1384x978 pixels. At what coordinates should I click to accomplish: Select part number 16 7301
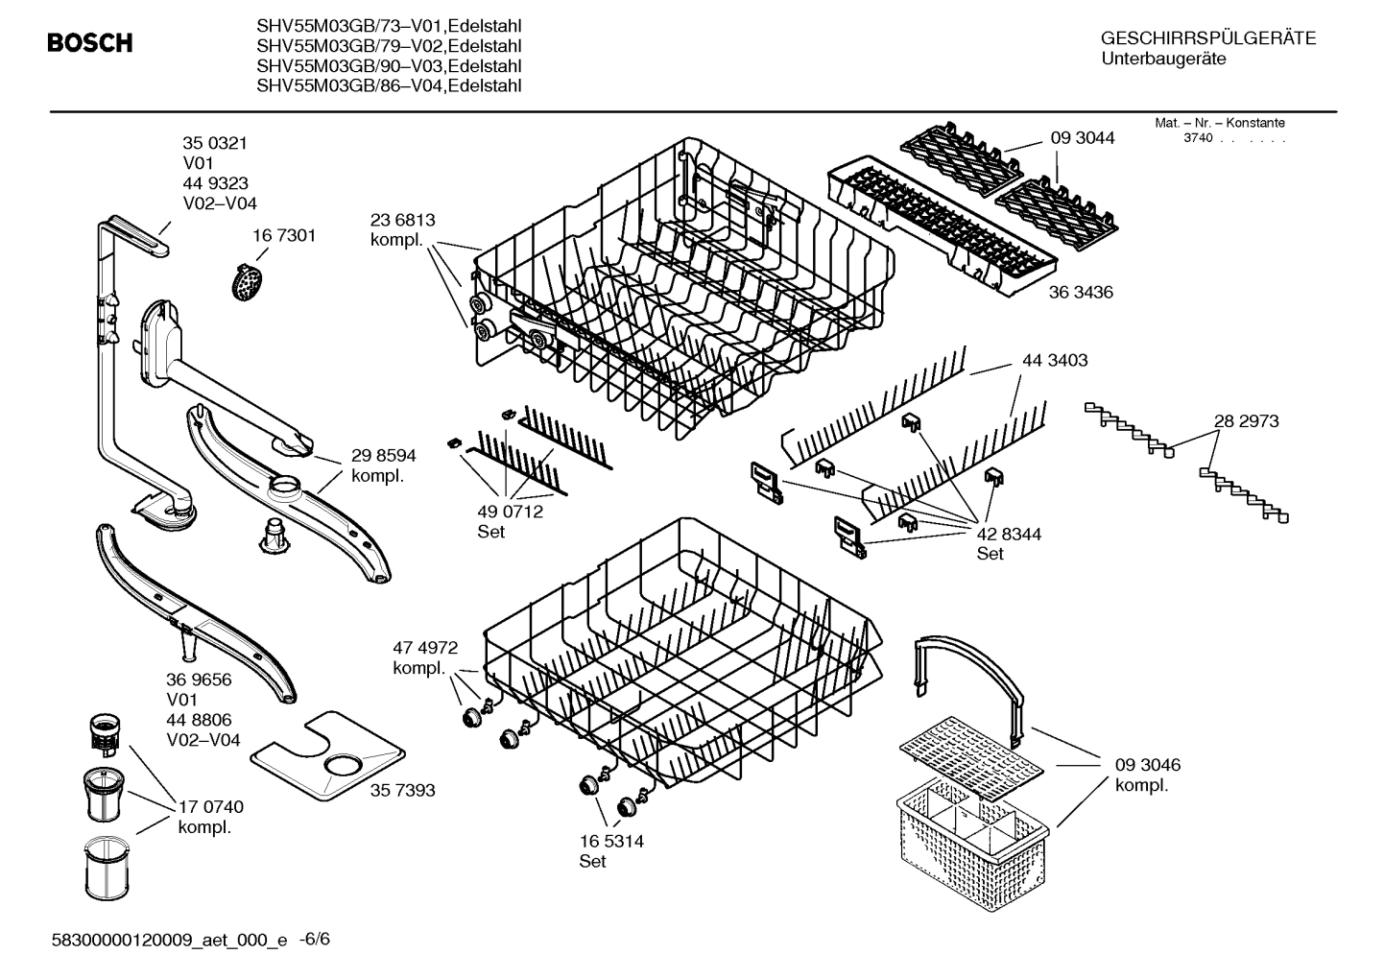[284, 236]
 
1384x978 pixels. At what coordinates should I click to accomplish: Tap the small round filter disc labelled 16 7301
[249, 280]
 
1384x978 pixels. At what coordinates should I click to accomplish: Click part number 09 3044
[1083, 138]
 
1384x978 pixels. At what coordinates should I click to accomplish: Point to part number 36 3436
[1081, 292]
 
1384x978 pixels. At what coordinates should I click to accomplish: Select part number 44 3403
[1055, 361]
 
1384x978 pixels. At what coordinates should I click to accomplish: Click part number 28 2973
[1246, 421]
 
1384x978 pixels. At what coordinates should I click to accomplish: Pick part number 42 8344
[1009, 534]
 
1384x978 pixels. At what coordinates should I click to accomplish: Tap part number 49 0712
[510, 512]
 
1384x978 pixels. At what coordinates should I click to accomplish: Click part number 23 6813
[402, 220]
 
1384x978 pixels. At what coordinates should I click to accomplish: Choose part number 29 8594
[383, 456]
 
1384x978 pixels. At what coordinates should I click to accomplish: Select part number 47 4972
[424, 647]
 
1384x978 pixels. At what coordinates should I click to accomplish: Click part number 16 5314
[610, 841]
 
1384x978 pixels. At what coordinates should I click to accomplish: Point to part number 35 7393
[402, 790]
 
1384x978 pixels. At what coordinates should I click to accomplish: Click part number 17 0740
[210, 807]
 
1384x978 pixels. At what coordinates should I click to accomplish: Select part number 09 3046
[1147, 765]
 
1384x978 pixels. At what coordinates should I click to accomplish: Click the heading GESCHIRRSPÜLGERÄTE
[1207, 38]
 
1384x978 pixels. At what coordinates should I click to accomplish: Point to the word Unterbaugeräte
[1163, 60]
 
